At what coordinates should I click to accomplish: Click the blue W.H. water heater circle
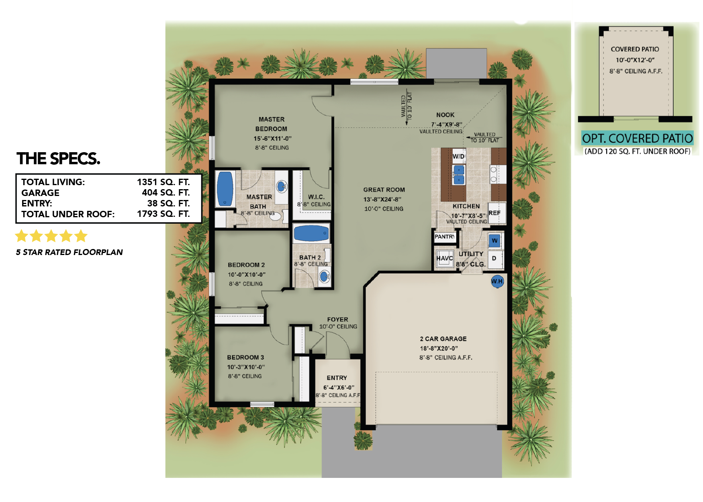point(497,281)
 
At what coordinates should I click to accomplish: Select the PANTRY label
point(445,237)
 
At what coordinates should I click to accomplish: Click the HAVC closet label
point(444,258)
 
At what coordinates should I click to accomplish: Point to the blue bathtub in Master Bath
point(225,189)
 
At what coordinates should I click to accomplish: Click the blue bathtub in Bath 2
point(311,233)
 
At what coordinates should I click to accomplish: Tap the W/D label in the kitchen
point(458,156)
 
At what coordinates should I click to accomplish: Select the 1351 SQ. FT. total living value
point(163,182)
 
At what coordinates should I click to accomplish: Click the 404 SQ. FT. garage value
point(166,193)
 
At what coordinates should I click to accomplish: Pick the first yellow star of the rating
point(21,236)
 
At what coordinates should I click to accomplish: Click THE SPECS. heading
point(58,159)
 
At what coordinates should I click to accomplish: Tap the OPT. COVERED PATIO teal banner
point(637,139)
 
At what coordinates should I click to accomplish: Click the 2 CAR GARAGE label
point(443,339)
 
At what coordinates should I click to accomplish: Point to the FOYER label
point(337,320)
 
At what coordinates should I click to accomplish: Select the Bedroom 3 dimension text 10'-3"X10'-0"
point(246,367)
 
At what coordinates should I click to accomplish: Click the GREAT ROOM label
point(384,190)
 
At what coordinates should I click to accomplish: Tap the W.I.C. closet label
point(316,197)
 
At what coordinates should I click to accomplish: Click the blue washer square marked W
point(495,241)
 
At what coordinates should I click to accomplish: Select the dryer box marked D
point(494,259)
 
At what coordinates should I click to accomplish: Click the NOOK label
point(445,115)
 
